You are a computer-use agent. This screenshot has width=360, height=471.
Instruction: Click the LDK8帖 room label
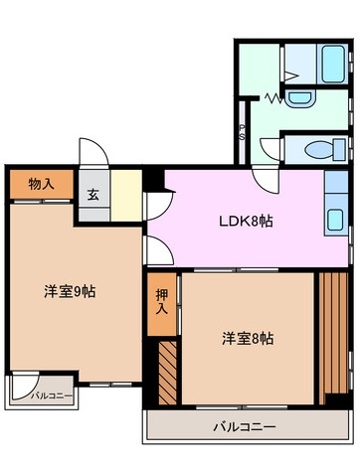click(x=246, y=221)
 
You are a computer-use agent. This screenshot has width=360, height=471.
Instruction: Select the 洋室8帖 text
click(x=247, y=338)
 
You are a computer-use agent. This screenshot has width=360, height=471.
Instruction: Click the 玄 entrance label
click(x=93, y=194)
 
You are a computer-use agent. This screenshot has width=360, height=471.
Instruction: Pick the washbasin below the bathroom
click(x=299, y=97)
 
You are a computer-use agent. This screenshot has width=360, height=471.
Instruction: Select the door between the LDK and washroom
click(x=265, y=179)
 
